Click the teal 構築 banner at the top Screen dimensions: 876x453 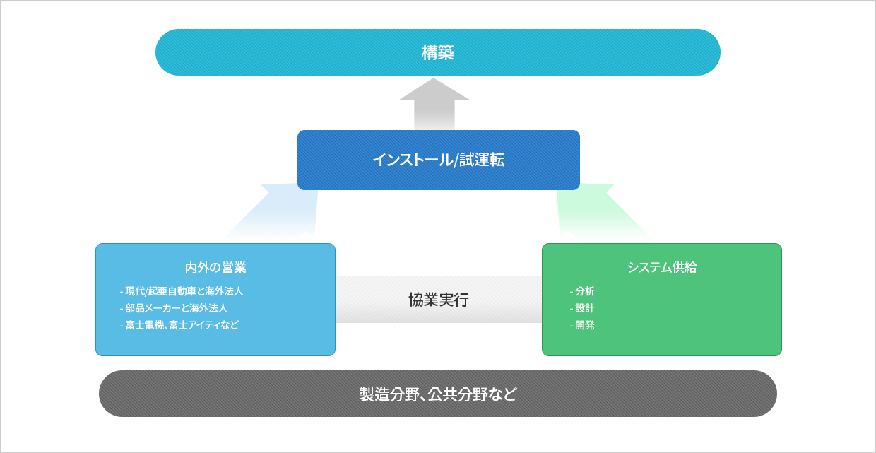click(437, 52)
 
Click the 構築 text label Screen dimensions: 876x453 click(437, 52)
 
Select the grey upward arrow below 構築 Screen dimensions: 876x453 click(434, 104)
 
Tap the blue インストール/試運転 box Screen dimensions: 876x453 click(439, 160)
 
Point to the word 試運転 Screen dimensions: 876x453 click(481, 160)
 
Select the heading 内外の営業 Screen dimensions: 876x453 click(215, 268)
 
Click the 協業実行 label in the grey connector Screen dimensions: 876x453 click(439, 300)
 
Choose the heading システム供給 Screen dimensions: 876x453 click(662, 268)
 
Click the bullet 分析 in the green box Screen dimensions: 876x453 click(582, 291)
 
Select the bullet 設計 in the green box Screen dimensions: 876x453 click(582, 308)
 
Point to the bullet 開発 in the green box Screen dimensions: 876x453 click(582, 325)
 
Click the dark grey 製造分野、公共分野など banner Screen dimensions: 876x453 click(437, 394)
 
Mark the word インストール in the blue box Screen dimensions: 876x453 click(413, 160)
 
